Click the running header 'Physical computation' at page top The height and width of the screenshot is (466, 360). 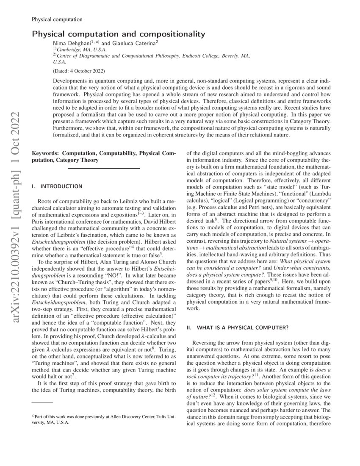point(57,19)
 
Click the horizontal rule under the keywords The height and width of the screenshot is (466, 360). point(104,169)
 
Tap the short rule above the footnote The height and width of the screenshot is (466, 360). point(42,403)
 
